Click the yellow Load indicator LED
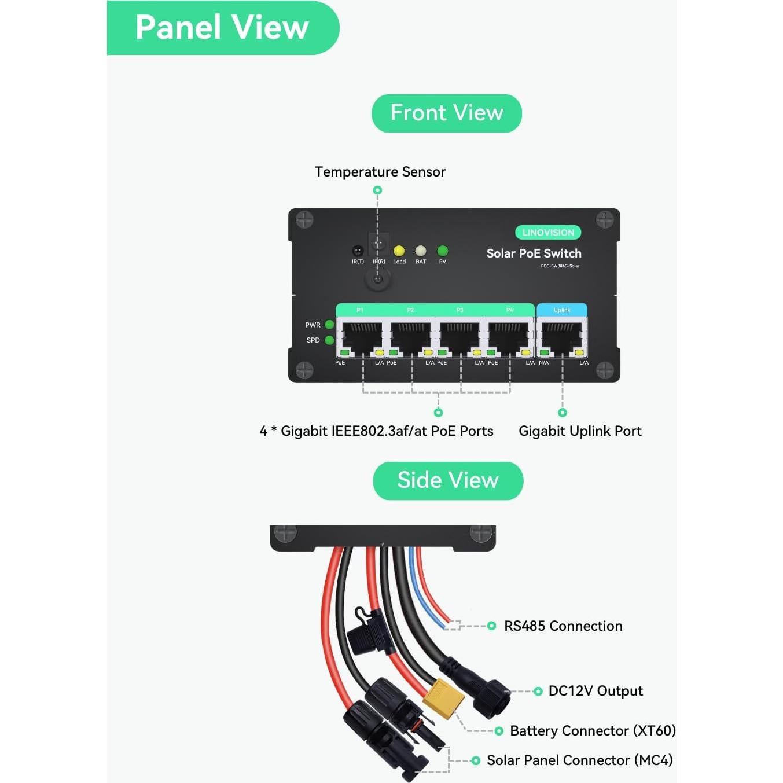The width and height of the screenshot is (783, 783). pos(399,251)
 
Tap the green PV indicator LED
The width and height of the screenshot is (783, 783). pos(443,251)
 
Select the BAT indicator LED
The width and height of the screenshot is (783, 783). pos(421,251)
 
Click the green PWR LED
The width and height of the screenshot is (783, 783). pos(329,325)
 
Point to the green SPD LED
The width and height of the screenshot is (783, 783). pos(329,340)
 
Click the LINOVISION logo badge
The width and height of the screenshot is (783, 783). pos(548,233)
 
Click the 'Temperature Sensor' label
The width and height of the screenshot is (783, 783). pos(380,172)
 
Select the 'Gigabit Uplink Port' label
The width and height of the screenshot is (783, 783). pos(580,431)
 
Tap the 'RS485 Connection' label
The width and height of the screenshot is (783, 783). pos(563,626)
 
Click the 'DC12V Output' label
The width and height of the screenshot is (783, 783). pos(595,691)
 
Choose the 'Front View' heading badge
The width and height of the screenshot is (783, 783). pos(447,113)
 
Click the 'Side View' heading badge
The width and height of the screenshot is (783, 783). pos(448,480)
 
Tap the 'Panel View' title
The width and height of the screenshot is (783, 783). pos(222,27)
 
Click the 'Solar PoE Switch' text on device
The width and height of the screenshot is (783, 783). pos(534,253)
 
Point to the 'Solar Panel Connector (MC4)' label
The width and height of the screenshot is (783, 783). pos(579,760)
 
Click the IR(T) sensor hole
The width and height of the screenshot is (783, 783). pos(358,251)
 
